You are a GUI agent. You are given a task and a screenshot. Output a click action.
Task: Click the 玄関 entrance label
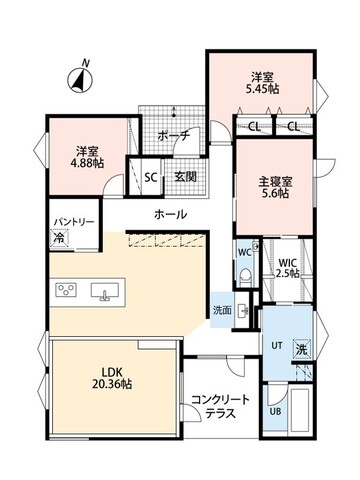[187, 178]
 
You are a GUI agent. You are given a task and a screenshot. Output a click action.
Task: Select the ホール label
[169, 215]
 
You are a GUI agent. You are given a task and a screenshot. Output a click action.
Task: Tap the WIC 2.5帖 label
[288, 268]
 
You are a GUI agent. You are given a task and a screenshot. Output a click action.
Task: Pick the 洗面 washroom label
[222, 310]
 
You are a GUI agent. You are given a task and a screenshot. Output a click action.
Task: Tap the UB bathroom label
[276, 412]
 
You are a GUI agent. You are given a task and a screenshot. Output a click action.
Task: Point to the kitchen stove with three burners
[65, 292]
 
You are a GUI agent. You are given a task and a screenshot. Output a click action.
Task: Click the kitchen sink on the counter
[104, 292]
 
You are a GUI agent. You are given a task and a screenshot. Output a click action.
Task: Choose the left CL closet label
[254, 127]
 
